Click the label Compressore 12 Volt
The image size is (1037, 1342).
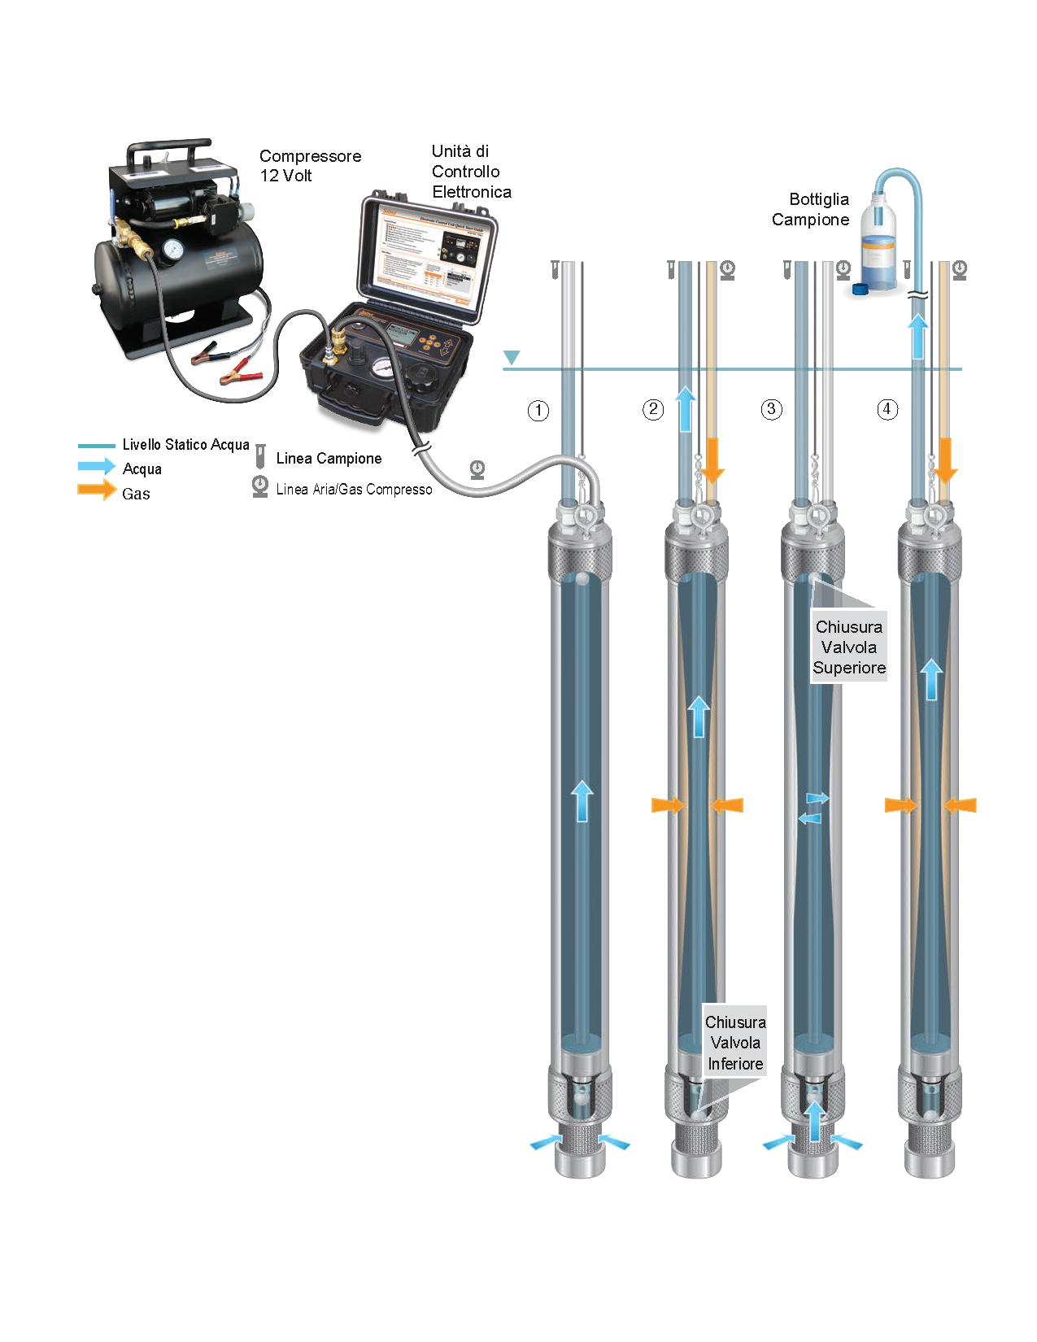pos(309,166)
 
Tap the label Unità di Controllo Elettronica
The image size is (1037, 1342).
pos(471,172)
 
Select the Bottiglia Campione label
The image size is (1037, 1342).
pos(810,209)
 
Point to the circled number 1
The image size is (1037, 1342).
pos(538,411)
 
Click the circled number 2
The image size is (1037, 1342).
pos(653,409)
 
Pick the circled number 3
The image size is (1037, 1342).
pos(771,409)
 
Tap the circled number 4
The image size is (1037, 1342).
pos(887,409)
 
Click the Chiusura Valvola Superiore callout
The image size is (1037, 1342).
pos(848,647)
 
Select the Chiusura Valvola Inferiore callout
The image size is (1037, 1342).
pos(735,1043)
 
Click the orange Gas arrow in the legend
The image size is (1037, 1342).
pos(97,490)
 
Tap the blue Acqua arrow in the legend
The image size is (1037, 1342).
pos(97,466)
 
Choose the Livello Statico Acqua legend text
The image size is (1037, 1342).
pos(185,445)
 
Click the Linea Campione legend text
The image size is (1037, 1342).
pos(329,459)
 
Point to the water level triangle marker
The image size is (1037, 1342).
pos(511,357)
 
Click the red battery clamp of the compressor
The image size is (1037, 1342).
pos(241,377)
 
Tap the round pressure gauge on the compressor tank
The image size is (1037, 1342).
pos(172,250)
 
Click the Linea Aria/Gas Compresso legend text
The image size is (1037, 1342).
pos(354,490)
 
